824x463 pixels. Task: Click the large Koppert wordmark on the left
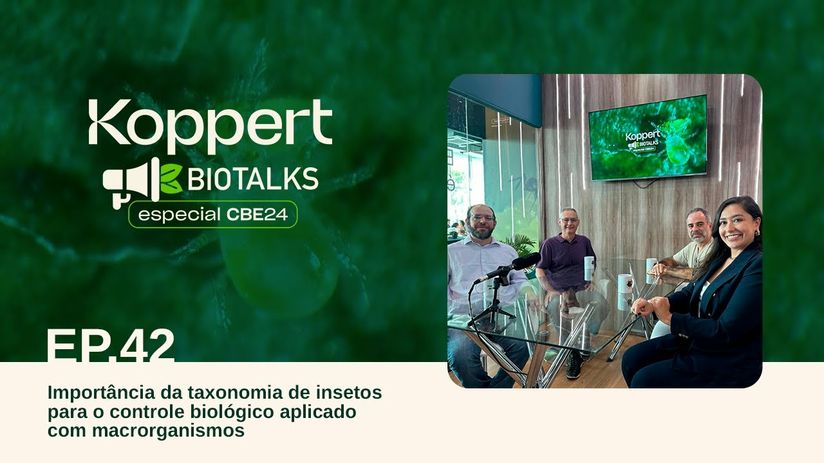(211, 125)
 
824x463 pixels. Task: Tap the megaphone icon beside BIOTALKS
(131, 182)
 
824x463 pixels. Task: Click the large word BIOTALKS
(253, 179)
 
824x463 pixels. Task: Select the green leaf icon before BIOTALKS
(171, 179)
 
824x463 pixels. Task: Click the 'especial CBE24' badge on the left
(212, 214)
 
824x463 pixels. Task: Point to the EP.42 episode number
(110, 345)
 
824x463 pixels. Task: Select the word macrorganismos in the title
(168, 431)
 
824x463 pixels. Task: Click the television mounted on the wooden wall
(648, 138)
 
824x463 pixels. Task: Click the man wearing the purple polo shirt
(566, 253)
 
